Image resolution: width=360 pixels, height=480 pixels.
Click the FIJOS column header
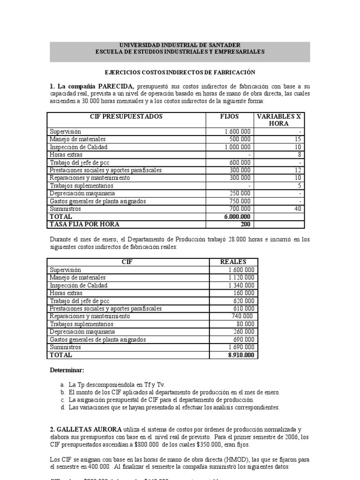(229, 116)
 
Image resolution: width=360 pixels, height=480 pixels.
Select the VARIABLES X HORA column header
(278, 120)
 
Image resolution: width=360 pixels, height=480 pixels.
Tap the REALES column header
(233, 262)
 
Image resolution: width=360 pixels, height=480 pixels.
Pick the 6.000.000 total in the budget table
(237, 217)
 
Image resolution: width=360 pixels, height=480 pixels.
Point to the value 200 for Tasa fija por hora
(245, 224)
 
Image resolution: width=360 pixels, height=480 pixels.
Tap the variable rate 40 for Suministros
(297, 209)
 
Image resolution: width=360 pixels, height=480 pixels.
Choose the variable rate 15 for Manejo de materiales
(298, 139)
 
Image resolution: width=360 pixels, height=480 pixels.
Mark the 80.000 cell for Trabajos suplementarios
(245, 324)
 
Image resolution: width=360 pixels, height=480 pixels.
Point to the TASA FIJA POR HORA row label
(85, 224)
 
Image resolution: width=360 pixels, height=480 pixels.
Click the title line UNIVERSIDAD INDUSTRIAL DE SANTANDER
(180, 45)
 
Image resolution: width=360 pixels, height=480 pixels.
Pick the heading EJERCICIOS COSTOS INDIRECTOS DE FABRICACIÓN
(180, 72)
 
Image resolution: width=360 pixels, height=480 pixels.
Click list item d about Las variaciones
(173, 407)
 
